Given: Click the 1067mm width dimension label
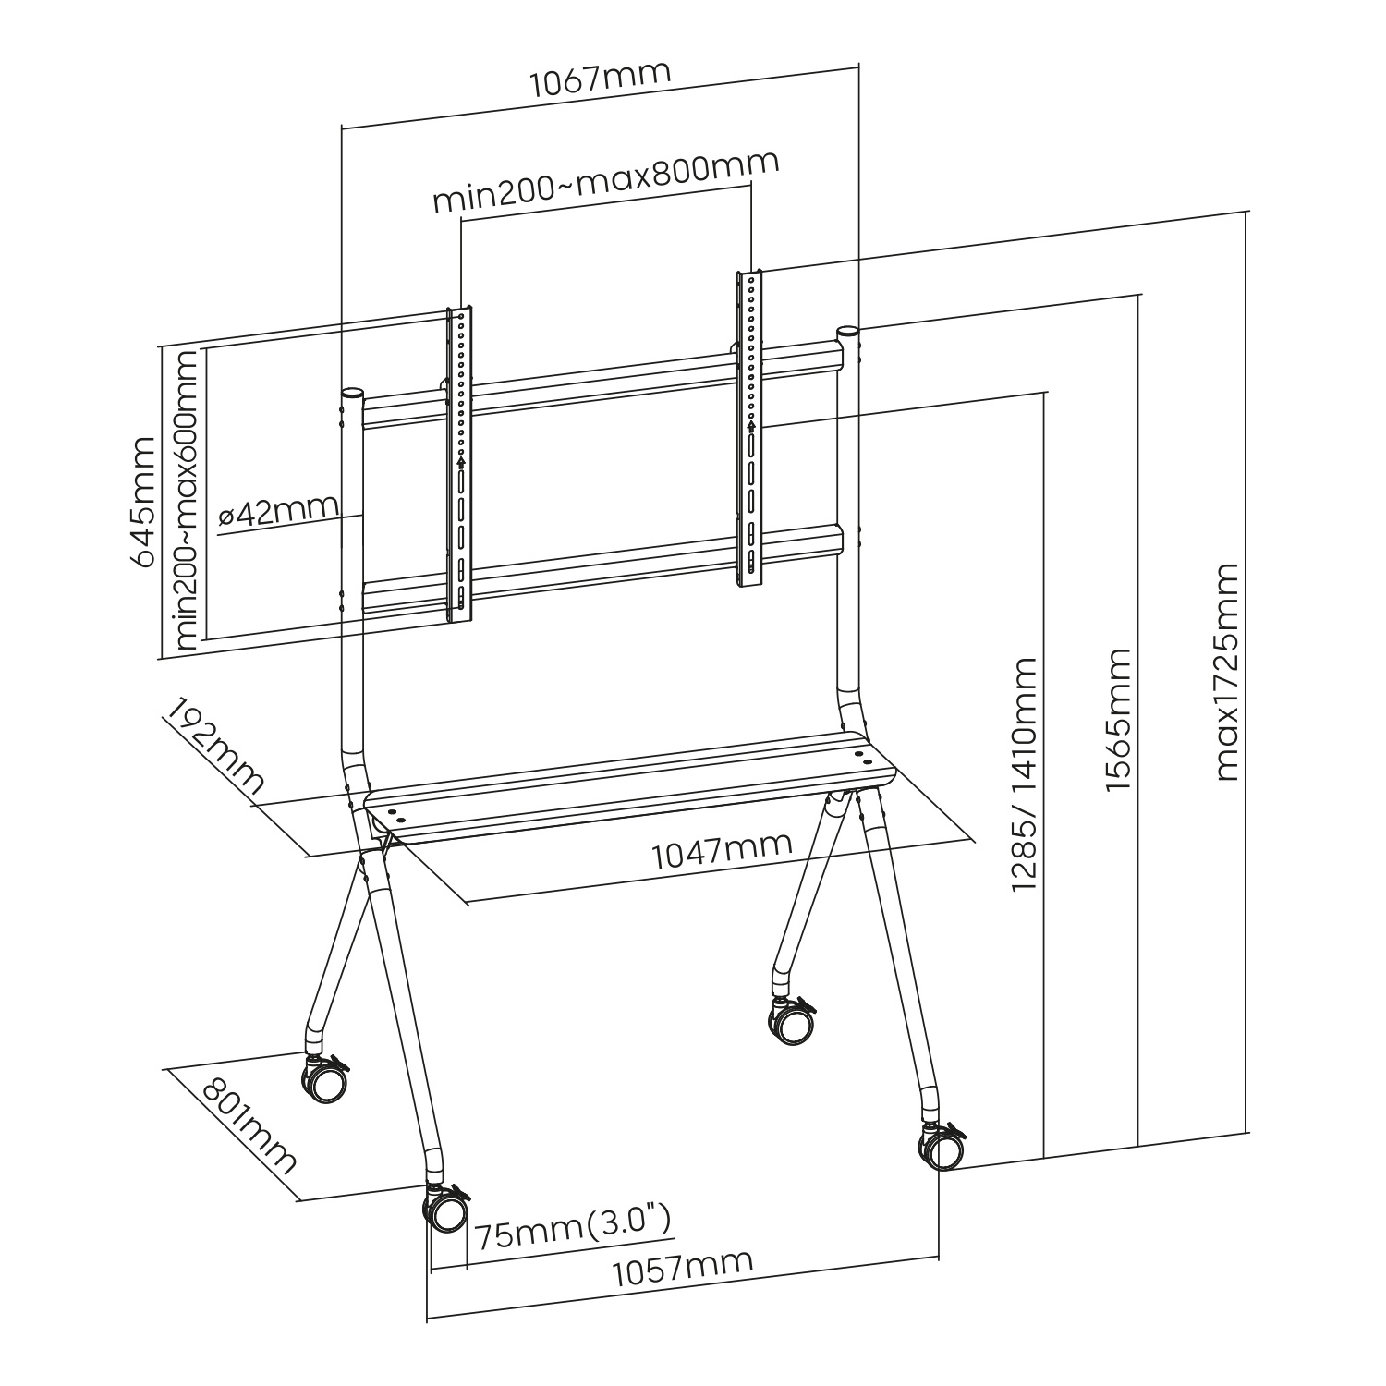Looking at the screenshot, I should pyautogui.click(x=599, y=80).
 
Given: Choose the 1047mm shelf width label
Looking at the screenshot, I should pyautogui.click(x=722, y=850).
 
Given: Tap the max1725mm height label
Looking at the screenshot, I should pyautogui.click(x=1226, y=672).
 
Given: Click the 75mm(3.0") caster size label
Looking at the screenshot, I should pyautogui.click(x=571, y=1229).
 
